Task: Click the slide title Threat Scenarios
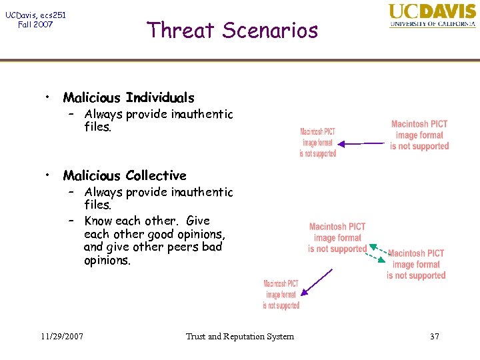click(x=232, y=30)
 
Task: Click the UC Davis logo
click(x=432, y=15)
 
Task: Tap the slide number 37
click(x=434, y=336)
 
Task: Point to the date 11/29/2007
click(x=61, y=336)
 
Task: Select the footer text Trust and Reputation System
click(x=239, y=336)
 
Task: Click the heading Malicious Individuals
click(x=129, y=98)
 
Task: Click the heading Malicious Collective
click(x=125, y=176)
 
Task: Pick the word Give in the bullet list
click(x=198, y=221)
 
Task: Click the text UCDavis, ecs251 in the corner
click(x=35, y=15)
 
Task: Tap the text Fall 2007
click(x=35, y=25)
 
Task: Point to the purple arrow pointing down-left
click(x=317, y=281)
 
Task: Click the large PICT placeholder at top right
click(x=419, y=135)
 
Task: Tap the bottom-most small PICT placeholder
click(x=281, y=294)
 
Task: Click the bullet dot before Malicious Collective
click(x=49, y=175)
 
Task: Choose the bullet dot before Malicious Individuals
click(x=49, y=97)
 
